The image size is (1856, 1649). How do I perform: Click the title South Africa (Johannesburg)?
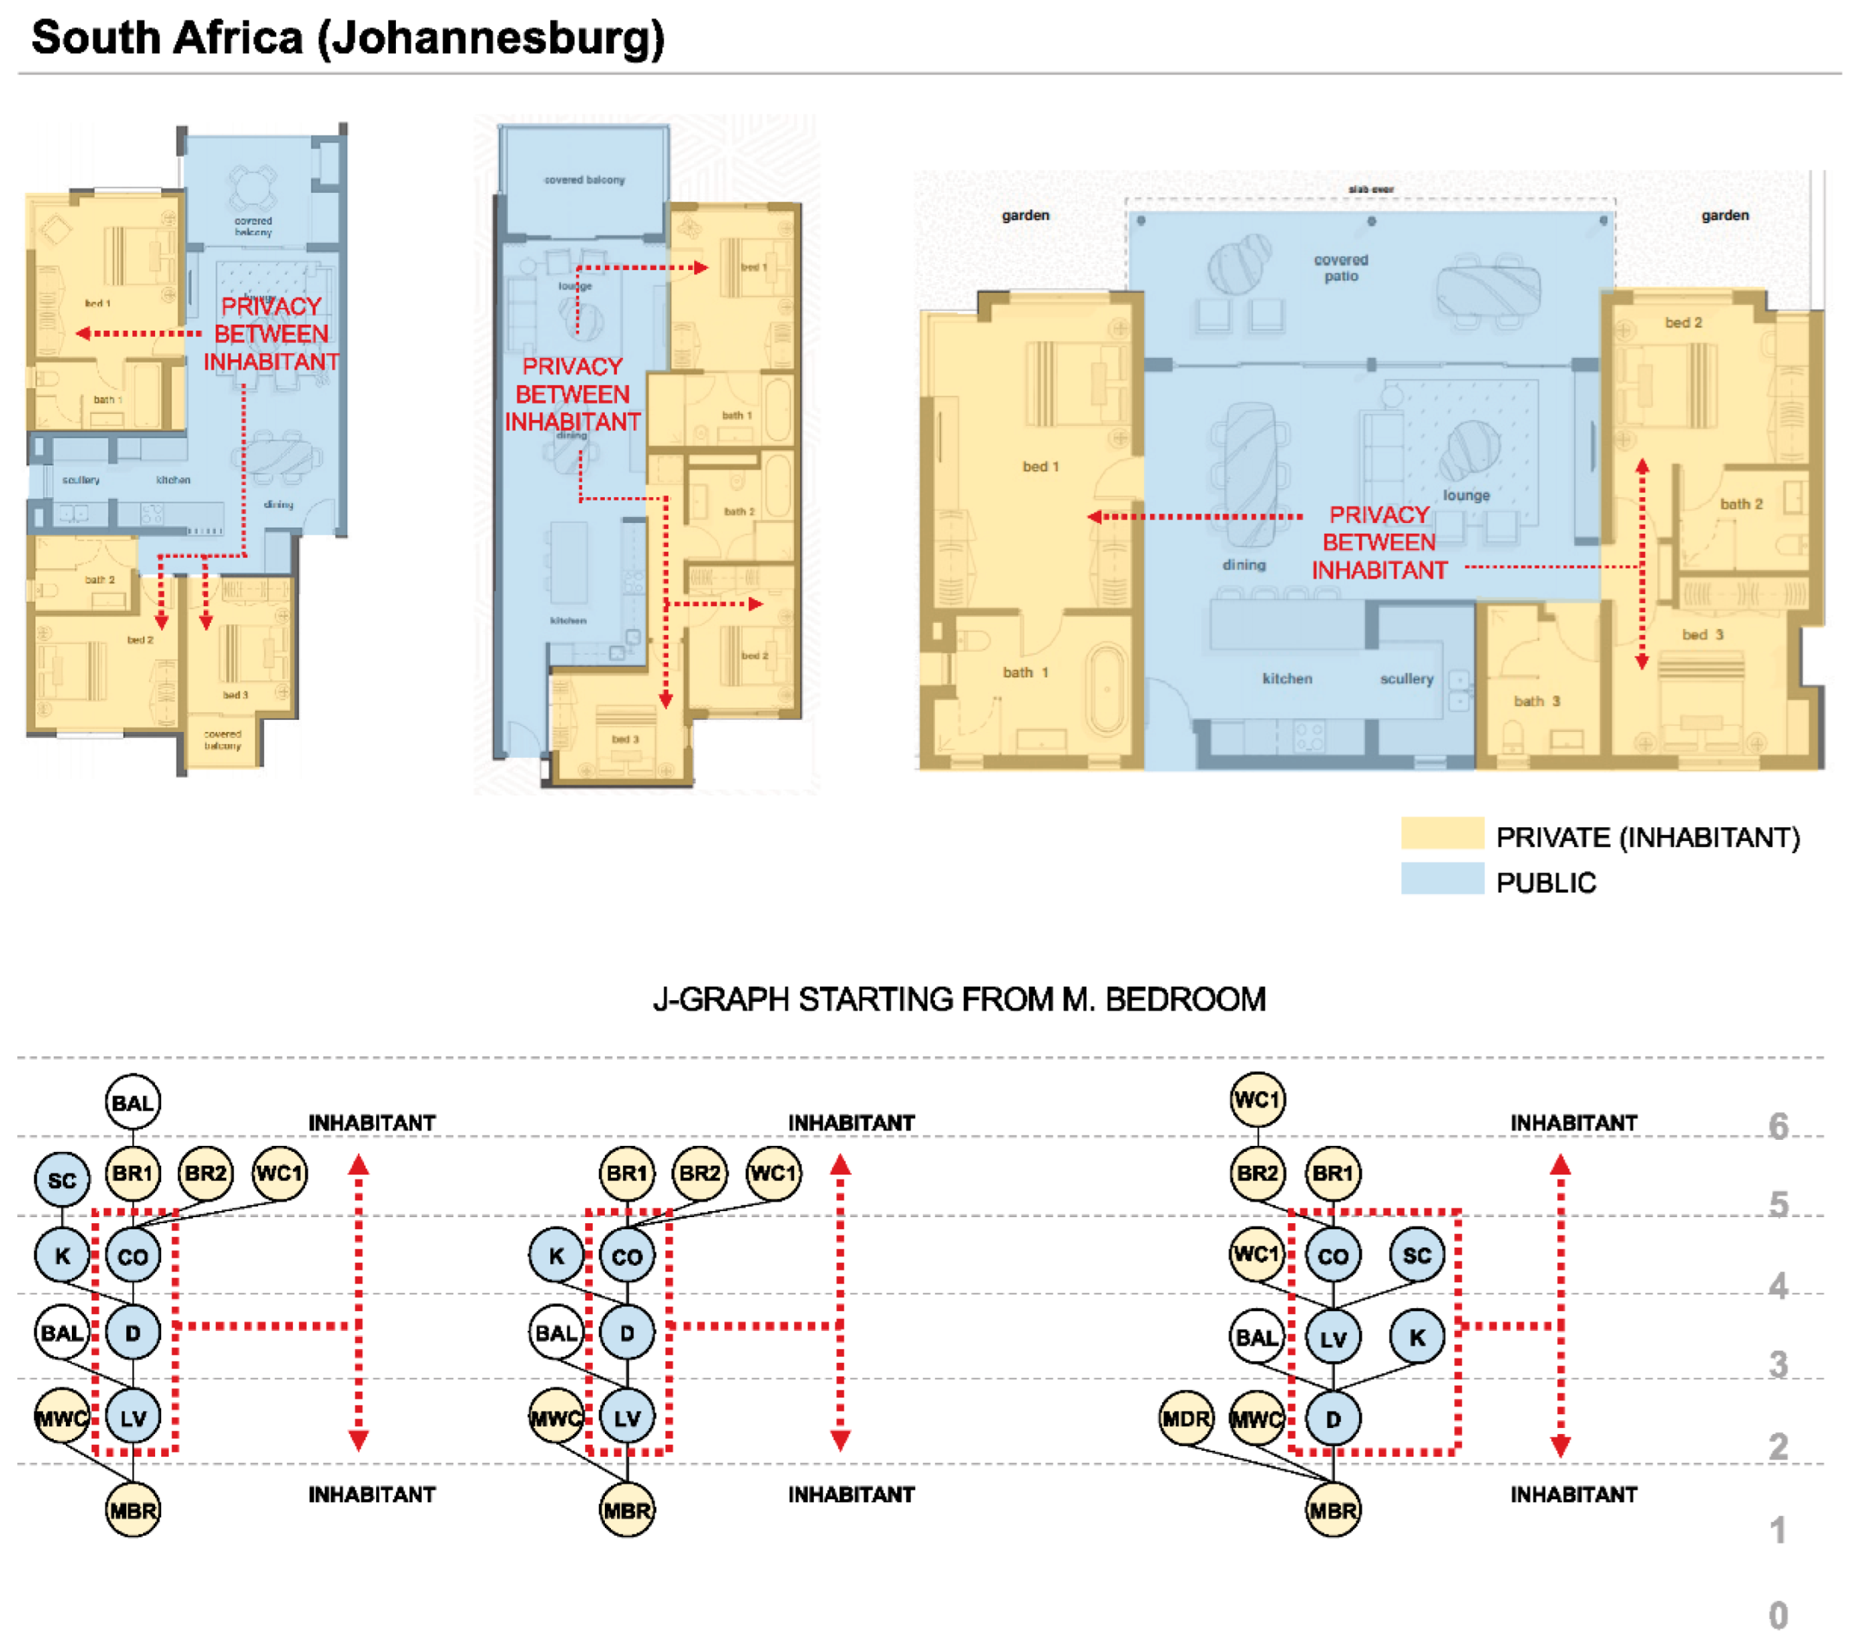(348, 38)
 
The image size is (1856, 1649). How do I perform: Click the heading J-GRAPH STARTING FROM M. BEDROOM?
(959, 999)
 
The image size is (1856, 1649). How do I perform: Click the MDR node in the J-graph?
(1186, 1417)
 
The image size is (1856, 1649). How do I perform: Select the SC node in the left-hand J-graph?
(62, 1180)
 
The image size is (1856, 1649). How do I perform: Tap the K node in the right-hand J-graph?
(1417, 1337)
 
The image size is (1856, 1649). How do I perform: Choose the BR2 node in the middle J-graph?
(700, 1173)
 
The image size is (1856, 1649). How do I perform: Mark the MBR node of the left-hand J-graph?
(132, 1510)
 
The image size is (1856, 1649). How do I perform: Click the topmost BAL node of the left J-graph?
(132, 1103)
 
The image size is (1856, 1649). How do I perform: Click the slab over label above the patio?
(1370, 189)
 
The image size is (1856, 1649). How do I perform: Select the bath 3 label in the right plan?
(1537, 700)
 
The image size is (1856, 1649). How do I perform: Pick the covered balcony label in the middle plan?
(584, 180)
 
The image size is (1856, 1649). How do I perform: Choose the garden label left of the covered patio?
(1025, 215)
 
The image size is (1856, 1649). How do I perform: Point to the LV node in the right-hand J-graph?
(1332, 1338)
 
